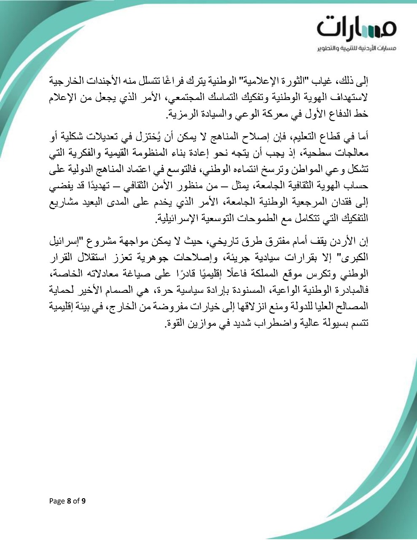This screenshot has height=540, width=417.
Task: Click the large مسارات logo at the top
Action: [x=357, y=27]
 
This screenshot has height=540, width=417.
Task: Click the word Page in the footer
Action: [x=57, y=501]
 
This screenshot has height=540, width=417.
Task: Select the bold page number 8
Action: [x=69, y=501]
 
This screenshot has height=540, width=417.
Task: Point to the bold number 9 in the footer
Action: [x=83, y=501]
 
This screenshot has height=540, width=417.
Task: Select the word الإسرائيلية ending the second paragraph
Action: [x=172, y=219]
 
